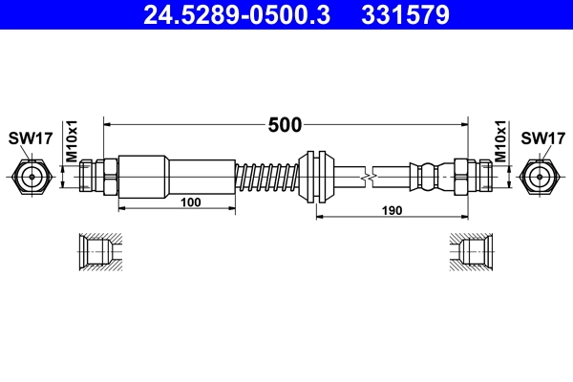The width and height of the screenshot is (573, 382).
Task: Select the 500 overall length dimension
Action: (x=285, y=124)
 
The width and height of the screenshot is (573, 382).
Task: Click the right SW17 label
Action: (x=541, y=139)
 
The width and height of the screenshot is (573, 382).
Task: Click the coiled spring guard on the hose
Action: (x=267, y=177)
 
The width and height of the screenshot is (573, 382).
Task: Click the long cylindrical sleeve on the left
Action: (x=177, y=177)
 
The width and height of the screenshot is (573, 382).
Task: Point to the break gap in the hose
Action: (x=370, y=177)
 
